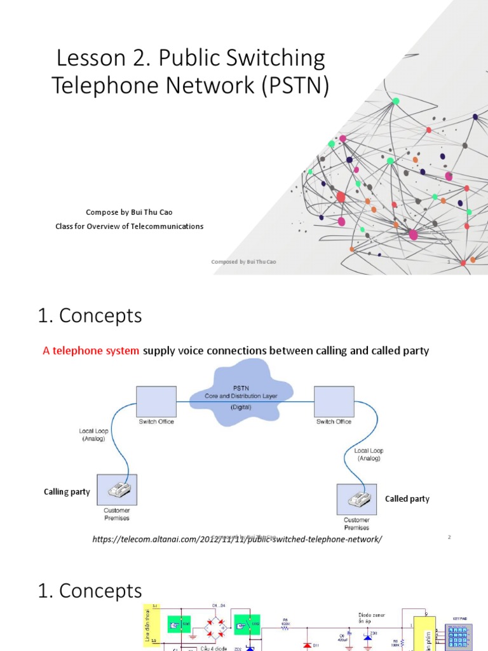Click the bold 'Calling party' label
67,491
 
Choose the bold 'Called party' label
407,499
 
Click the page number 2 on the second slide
449,538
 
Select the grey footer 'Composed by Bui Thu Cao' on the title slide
243,262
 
